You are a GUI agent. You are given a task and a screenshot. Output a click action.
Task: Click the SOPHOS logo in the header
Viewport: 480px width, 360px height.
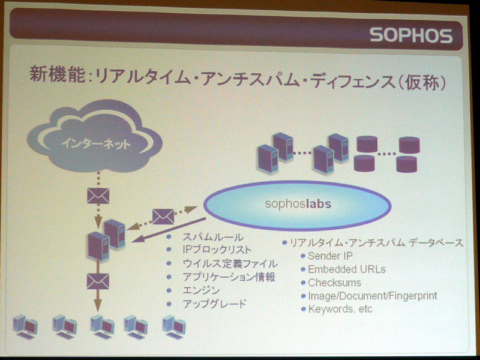tap(411, 35)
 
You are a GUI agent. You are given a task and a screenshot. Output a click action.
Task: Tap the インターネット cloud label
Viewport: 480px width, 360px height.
tap(96, 143)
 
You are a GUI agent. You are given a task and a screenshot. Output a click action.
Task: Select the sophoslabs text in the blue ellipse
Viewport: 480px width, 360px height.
tap(298, 203)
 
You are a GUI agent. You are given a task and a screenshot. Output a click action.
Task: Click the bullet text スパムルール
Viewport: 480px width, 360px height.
tap(213, 237)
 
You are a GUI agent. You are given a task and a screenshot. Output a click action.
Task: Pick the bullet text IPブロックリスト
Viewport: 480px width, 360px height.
tap(217, 250)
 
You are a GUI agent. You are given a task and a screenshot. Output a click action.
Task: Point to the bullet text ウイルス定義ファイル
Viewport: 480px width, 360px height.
tap(230, 263)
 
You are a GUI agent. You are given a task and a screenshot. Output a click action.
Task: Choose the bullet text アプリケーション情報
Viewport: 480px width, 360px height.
tap(229, 277)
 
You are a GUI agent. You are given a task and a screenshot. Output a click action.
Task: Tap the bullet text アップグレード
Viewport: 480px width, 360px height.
tap(214, 304)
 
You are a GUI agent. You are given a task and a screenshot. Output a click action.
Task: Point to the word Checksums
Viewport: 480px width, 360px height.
tap(334, 283)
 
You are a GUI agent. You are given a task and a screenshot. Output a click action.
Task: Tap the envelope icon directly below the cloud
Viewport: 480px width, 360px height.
tap(98, 196)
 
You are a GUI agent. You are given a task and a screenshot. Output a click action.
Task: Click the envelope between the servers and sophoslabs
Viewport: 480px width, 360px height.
tap(163, 217)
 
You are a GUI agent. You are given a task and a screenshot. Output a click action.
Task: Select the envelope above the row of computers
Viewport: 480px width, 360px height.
tap(98, 281)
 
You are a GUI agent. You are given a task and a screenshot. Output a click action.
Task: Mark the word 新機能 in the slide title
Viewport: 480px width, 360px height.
tap(57, 74)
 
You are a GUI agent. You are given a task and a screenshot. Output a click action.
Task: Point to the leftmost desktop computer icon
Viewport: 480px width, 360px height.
tap(25, 326)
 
